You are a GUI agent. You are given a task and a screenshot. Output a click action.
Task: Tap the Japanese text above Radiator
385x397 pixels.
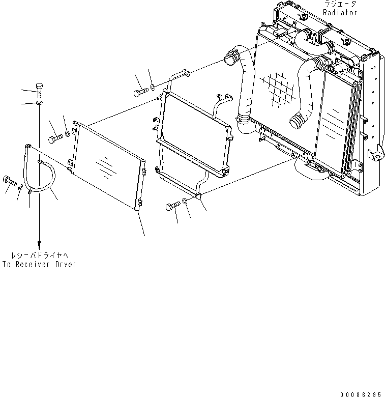[x=340, y=4]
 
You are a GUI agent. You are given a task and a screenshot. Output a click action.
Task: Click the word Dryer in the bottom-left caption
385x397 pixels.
[x=64, y=264]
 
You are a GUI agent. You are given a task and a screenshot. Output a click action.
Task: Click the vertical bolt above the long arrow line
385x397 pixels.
[x=40, y=90]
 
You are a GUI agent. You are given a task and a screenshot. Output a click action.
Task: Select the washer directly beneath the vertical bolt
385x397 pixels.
[x=39, y=103]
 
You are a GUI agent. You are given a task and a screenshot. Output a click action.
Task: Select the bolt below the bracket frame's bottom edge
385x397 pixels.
[x=171, y=206]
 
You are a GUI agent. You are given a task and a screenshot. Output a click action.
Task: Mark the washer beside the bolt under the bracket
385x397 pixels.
[x=184, y=203]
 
